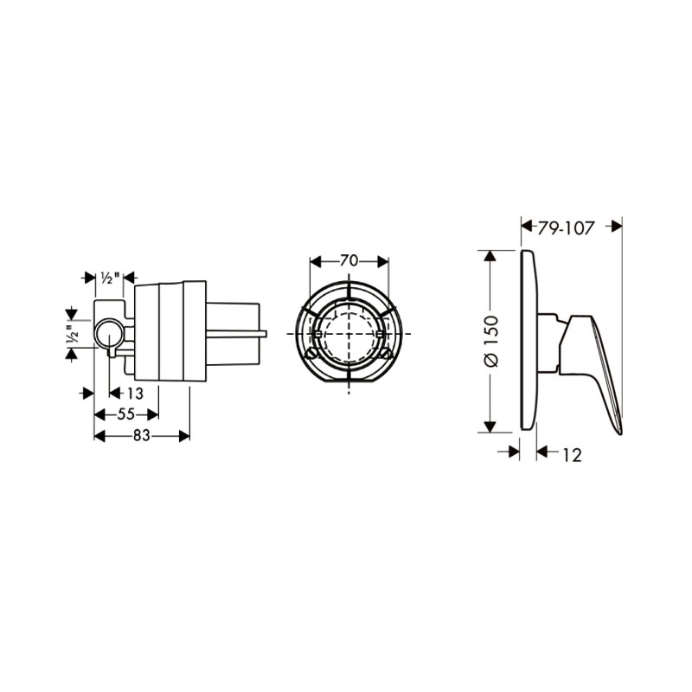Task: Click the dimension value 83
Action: click(x=142, y=436)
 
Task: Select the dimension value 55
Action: click(x=125, y=414)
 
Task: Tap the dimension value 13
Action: click(x=135, y=393)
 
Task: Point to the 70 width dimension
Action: click(x=349, y=261)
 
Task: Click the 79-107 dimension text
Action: click(x=567, y=228)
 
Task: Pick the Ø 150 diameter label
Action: click(x=491, y=341)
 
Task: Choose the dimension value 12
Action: click(x=573, y=455)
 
